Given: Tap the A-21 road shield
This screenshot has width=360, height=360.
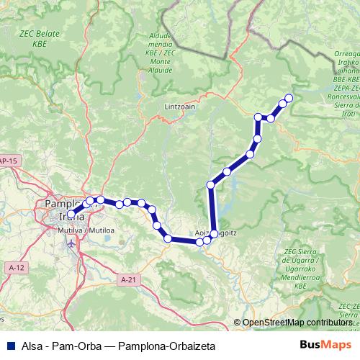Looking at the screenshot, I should click(x=128, y=279).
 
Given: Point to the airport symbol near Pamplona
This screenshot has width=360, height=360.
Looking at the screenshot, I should click(x=71, y=243).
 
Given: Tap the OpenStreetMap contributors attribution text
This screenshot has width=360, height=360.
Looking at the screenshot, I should click(x=297, y=322).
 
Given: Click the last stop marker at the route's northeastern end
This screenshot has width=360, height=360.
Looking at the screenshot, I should click(x=289, y=98).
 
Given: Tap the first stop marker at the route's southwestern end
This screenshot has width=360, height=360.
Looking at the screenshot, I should click(x=71, y=214).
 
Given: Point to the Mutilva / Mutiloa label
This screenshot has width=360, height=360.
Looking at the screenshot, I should click(x=84, y=230).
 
